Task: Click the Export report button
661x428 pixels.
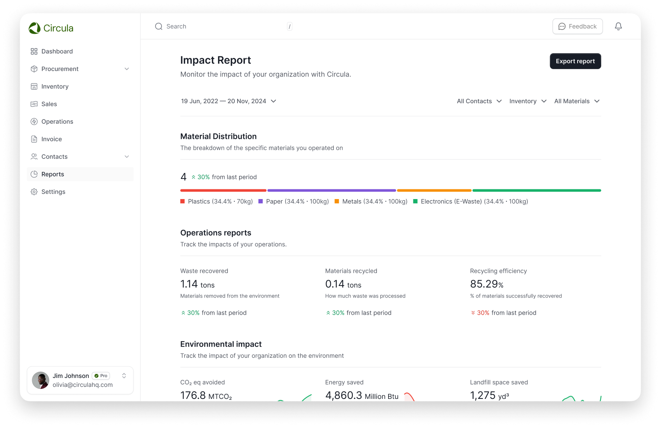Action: (x=575, y=61)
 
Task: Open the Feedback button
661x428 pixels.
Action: (x=578, y=26)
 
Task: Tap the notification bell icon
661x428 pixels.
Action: (x=618, y=26)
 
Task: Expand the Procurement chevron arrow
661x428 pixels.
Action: (x=127, y=69)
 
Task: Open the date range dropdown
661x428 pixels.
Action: (x=229, y=101)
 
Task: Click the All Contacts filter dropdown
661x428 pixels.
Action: (x=479, y=101)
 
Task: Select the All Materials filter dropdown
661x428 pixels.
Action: (x=577, y=101)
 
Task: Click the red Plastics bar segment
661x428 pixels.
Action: (x=224, y=191)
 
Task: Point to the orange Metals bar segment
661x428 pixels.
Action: (x=434, y=191)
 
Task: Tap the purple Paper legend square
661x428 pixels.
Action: (x=260, y=201)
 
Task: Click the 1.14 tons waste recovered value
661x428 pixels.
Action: (x=198, y=284)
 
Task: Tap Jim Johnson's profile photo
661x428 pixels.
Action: (x=40, y=380)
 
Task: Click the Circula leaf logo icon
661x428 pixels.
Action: (x=35, y=28)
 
